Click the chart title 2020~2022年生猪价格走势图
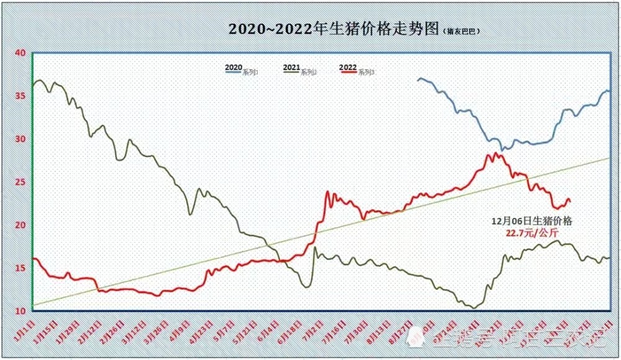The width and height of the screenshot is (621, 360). pos(333,29)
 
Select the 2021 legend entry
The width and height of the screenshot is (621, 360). pos(299,70)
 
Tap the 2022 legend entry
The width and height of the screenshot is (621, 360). pos(357,70)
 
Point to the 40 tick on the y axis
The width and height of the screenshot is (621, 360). pos(19,53)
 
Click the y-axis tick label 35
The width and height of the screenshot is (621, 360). pos(19,96)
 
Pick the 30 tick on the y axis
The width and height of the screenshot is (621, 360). pos(19,138)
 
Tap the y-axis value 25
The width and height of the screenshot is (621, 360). pos(19,181)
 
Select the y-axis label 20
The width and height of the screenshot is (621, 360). pos(19,224)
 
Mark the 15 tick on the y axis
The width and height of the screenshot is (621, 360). pos(19,267)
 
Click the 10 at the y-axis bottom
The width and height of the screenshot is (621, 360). pos(19,310)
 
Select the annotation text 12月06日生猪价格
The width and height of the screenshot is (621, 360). pos(532,220)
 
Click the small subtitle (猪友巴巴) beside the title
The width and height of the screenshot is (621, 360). pos(463,30)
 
